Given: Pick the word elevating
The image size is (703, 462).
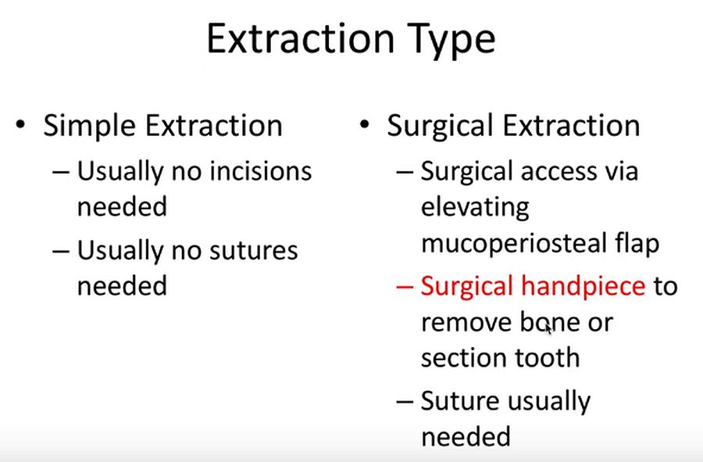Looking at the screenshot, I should pos(475,208).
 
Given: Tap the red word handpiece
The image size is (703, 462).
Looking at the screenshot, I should pos(582,286).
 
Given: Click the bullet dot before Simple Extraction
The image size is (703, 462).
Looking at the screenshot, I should pos(23,126).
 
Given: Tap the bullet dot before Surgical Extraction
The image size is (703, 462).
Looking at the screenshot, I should pos(364,126).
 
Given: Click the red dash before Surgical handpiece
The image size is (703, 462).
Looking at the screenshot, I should pos(405,287).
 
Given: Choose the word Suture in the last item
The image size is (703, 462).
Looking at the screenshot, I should pos(460,401).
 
